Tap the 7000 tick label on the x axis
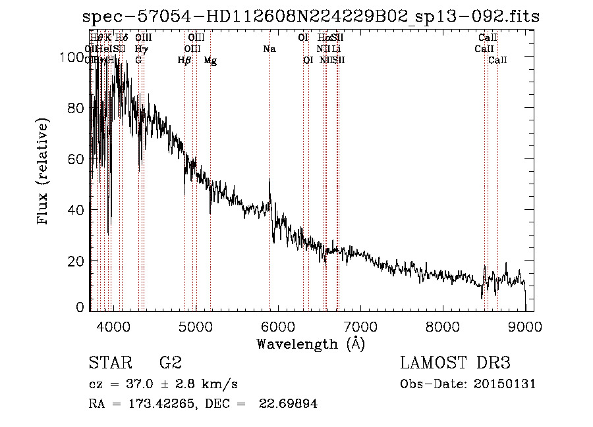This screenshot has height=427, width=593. pos(360,325)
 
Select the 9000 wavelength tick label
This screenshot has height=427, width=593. pos(525,325)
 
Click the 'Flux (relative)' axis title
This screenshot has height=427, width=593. pos(44,172)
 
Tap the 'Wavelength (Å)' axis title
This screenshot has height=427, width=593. pos(310,343)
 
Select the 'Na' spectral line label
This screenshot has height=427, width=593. pos(269,49)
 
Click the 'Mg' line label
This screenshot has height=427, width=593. pos(210,61)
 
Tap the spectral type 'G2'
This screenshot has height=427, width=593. pos(171,363)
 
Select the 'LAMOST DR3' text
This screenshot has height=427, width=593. pos(455,363)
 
